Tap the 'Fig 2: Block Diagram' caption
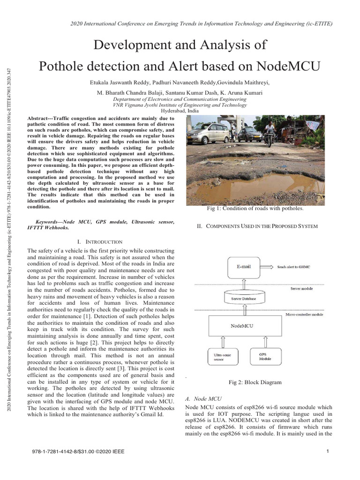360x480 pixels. [x=255, y=382]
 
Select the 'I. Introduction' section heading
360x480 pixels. [x=101, y=241]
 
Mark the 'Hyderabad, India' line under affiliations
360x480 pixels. [x=180, y=111]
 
